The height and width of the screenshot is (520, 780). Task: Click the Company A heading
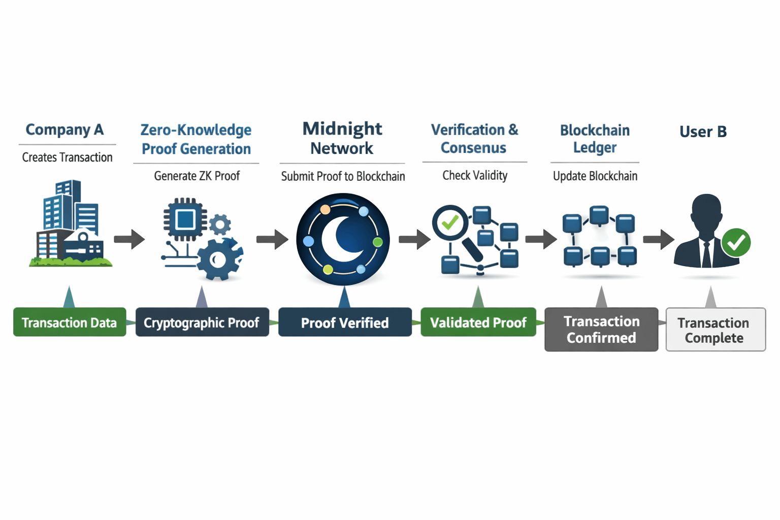point(65,130)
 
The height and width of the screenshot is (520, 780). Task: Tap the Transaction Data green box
point(70,322)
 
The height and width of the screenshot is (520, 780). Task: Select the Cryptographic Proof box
point(202,322)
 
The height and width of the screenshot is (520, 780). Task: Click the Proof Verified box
point(345,322)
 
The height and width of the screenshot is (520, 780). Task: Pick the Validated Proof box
point(478,322)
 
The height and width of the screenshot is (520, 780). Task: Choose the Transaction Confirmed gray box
point(601,329)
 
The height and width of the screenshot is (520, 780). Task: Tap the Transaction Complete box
point(715,330)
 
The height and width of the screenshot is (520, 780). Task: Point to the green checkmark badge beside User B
point(736,243)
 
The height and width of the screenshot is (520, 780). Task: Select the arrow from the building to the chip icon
point(129,239)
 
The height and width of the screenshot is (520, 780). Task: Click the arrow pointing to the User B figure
point(659,239)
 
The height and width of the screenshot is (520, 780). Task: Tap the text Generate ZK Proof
point(197,176)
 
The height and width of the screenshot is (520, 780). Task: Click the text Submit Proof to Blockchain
point(343,176)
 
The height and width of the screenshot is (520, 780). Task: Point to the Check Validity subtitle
point(475,176)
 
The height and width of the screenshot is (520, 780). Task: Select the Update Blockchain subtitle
point(595,176)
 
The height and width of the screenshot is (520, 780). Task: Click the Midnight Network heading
point(342,138)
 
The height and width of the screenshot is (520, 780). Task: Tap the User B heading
point(703,132)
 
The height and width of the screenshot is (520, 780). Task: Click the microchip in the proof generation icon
point(185,219)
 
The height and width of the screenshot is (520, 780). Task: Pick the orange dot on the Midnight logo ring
point(326,209)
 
